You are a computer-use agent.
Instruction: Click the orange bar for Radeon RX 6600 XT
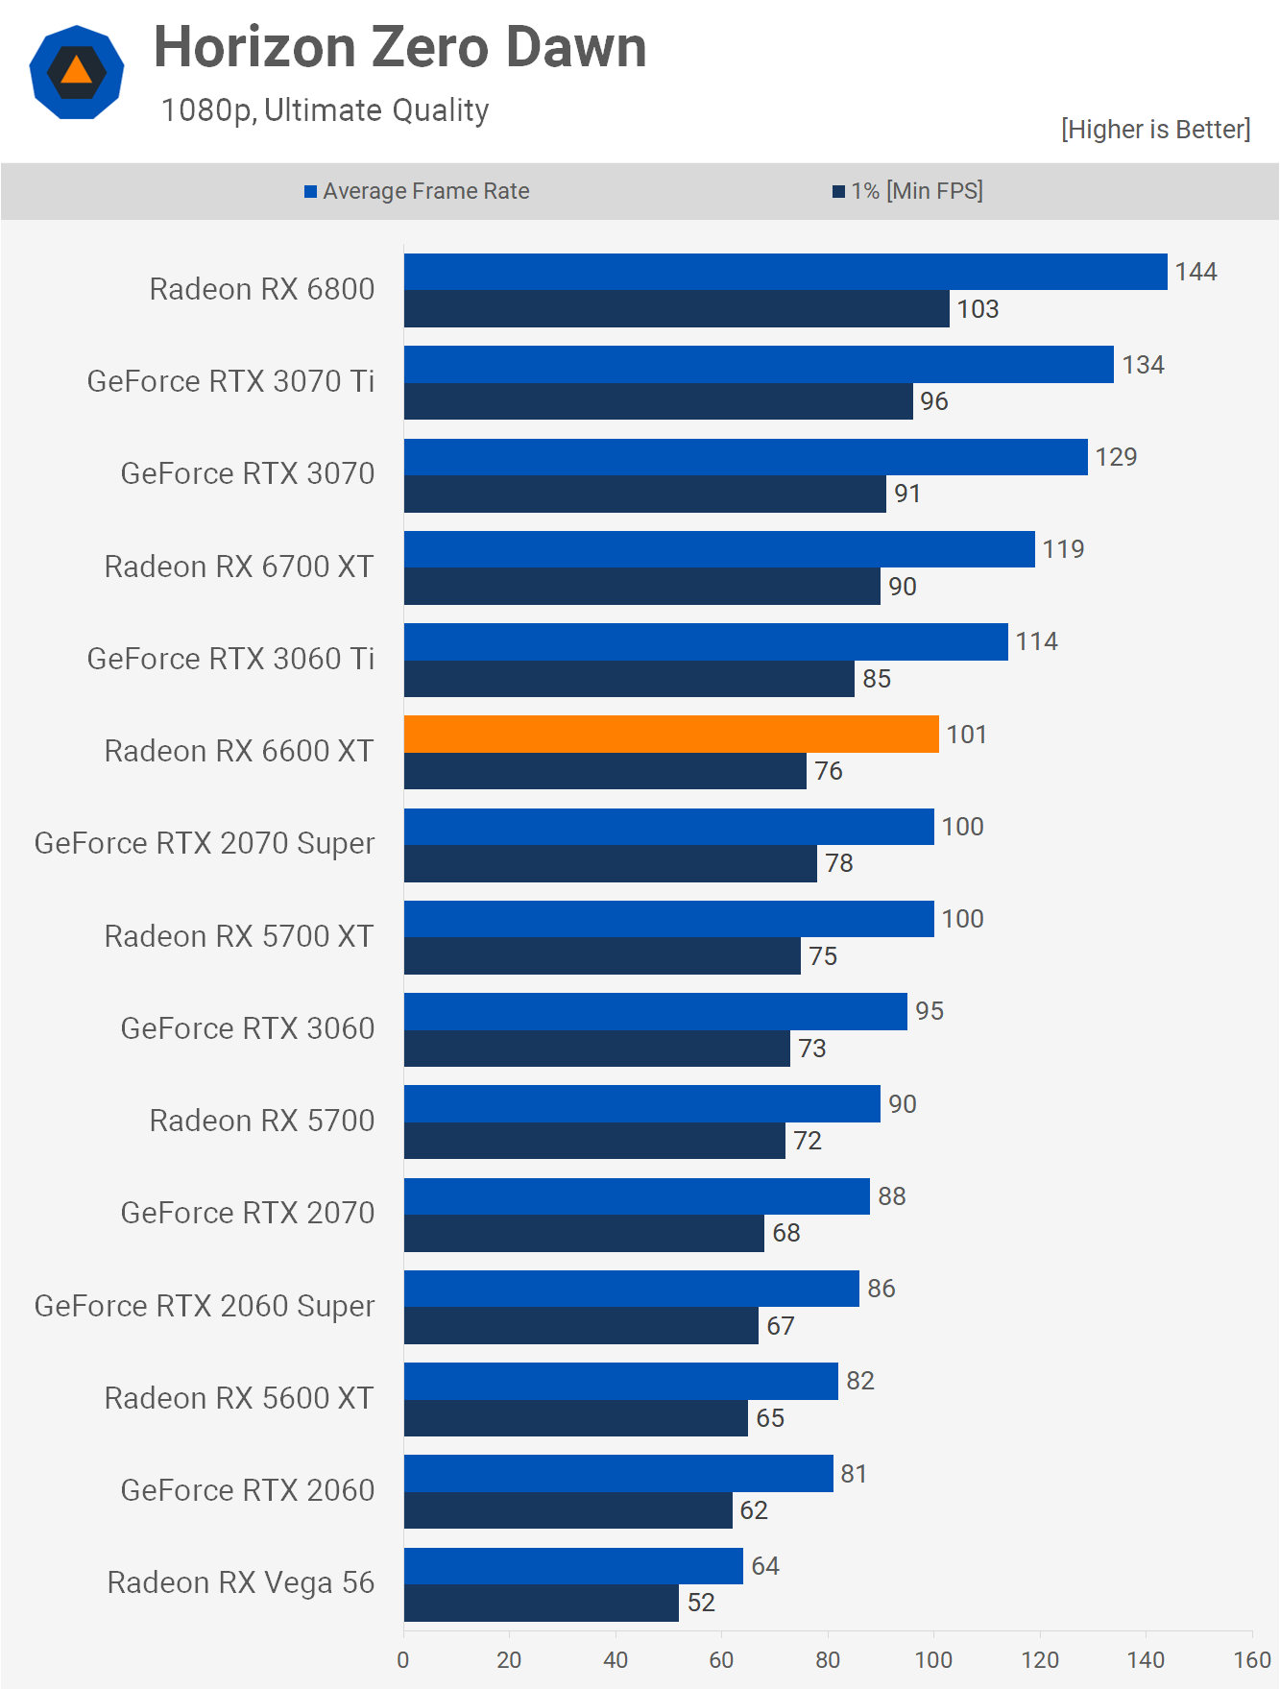pos(671,734)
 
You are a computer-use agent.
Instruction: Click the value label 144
pos(1195,272)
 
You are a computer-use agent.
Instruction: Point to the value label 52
pos(701,1603)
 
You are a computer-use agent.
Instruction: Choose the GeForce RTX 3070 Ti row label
pos(230,381)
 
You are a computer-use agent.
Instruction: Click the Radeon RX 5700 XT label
pos(238,936)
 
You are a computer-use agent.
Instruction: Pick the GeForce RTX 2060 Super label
pos(205,1306)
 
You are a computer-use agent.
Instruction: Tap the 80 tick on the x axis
pos(828,1659)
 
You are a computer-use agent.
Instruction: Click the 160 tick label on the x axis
pos(1252,1659)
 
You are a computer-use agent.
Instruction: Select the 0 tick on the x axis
pos(403,1659)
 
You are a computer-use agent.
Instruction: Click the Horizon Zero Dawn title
pos(399,47)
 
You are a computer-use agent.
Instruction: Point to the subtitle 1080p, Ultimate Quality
pos(325,110)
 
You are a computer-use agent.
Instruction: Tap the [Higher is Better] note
pos(1155,129)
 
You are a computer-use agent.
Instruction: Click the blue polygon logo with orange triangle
pos(77,72)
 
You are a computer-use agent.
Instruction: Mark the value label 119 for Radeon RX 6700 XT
pos(1063,549)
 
